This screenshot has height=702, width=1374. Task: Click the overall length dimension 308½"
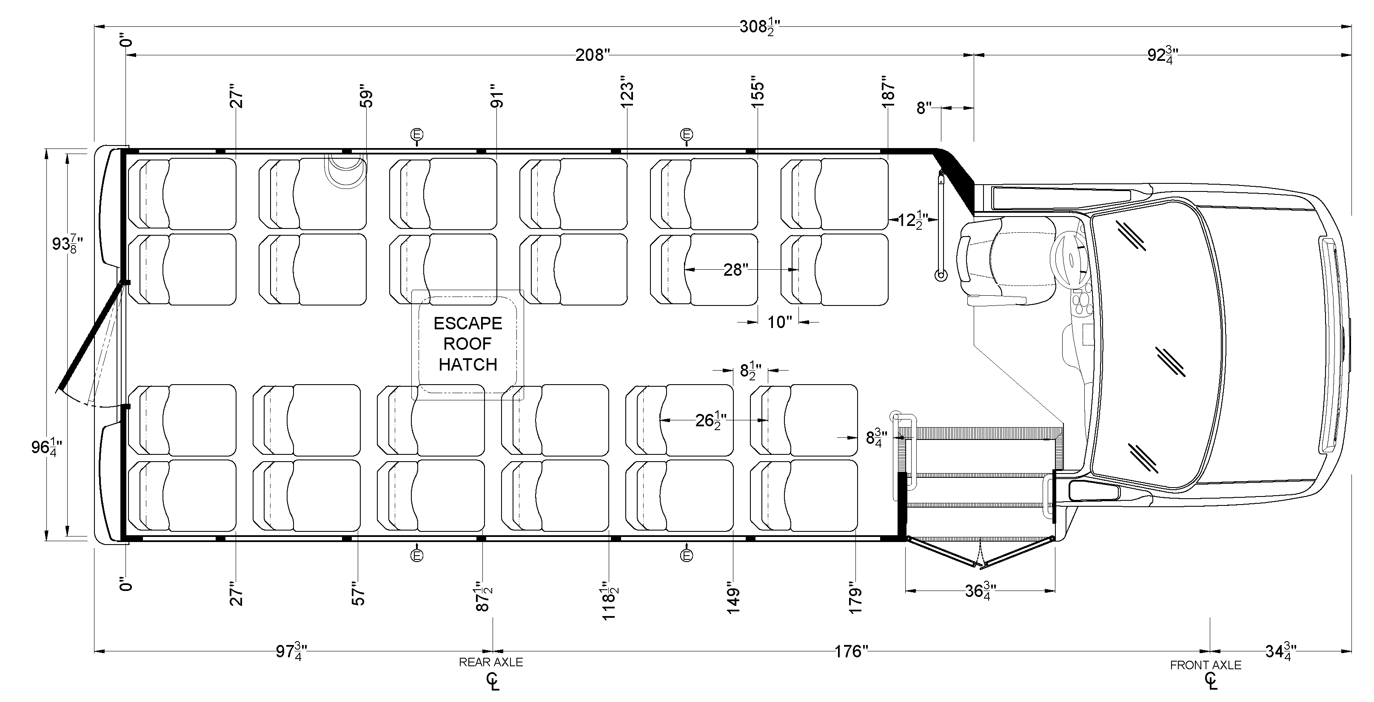tap(760, 26)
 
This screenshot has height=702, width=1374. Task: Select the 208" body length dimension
tap(593, 55)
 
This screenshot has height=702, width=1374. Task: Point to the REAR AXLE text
tap(491, 662)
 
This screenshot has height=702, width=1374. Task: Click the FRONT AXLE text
tap(1206, 665)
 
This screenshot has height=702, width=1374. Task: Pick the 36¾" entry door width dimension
tap(981, 591)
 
